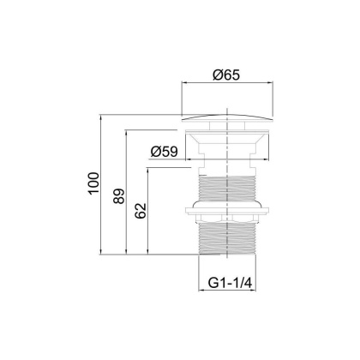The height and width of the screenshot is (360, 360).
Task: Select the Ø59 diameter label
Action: (x=165, y=151)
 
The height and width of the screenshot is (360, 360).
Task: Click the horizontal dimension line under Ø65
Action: (x=229, y=84)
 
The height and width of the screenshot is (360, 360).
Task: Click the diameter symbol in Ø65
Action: (x=217, y=75)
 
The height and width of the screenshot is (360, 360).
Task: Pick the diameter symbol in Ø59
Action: (x=155, y=151)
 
